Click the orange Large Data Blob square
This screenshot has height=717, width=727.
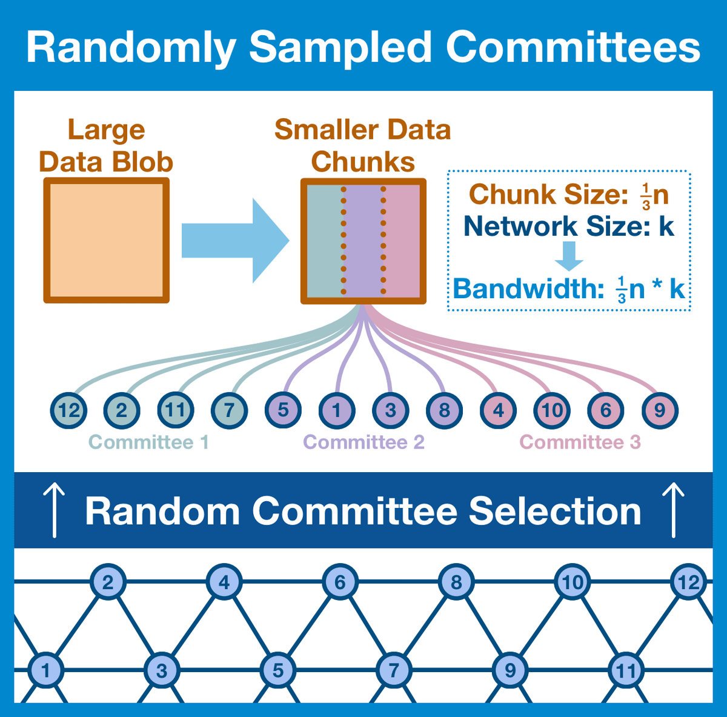coord(106,241)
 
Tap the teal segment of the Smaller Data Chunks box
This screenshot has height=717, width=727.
coord(324,241)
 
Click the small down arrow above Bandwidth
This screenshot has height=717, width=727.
coord(569,256)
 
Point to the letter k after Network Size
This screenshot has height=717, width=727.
coord(666,226)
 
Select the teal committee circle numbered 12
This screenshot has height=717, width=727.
coord(68,410)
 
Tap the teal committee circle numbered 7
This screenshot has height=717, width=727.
coord(230,410)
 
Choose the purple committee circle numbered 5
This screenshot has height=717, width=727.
coord(283,410)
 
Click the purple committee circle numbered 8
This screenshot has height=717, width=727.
coord(444,410)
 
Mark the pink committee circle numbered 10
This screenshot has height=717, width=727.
coord(552,410)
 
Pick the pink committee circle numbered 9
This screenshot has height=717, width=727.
coord(659,410)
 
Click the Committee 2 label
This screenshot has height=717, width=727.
coord(363,442)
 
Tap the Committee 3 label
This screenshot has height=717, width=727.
coord(580,442)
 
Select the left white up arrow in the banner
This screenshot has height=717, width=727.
coord(55,510)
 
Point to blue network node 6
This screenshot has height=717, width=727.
coord(340,582)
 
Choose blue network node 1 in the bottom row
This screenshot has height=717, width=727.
coord(45,670)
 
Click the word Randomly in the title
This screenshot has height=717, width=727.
coord(131,47)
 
